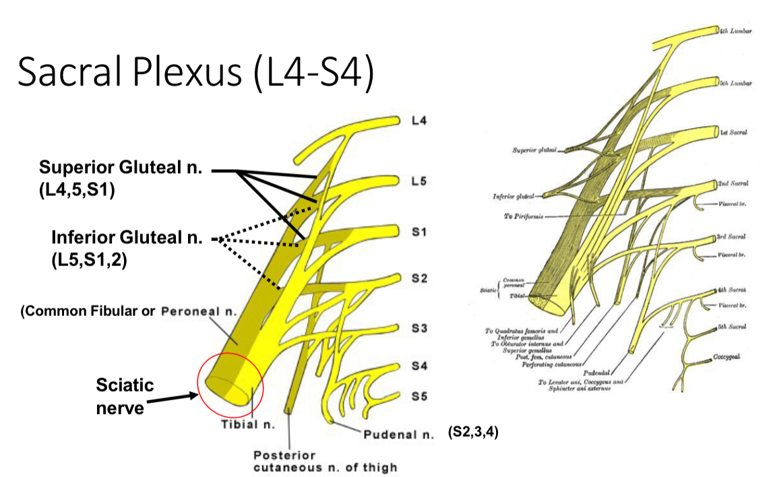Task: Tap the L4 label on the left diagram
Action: [x=419, y=121]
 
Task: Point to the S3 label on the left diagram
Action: [x=418, y=329]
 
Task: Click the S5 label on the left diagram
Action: [x=419, y=396]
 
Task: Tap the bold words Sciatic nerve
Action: [x=125, y=396]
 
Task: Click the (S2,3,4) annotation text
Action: [x=473, y=433]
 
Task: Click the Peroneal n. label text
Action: [x=199, y=312]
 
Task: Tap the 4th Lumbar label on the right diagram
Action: [x=735, y=31]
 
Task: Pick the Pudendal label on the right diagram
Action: [x=605, y=370]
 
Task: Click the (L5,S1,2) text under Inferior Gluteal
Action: [x=89, y=259]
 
